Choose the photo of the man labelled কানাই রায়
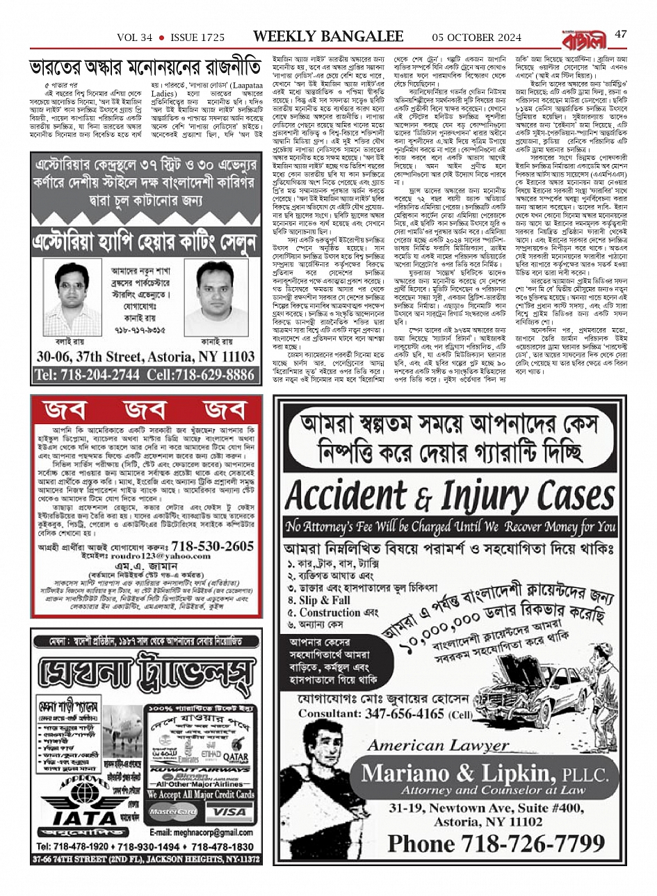(x=216, y=298)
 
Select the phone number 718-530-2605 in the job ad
(x=213, y=546)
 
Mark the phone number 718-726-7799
(x=496, y=843)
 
